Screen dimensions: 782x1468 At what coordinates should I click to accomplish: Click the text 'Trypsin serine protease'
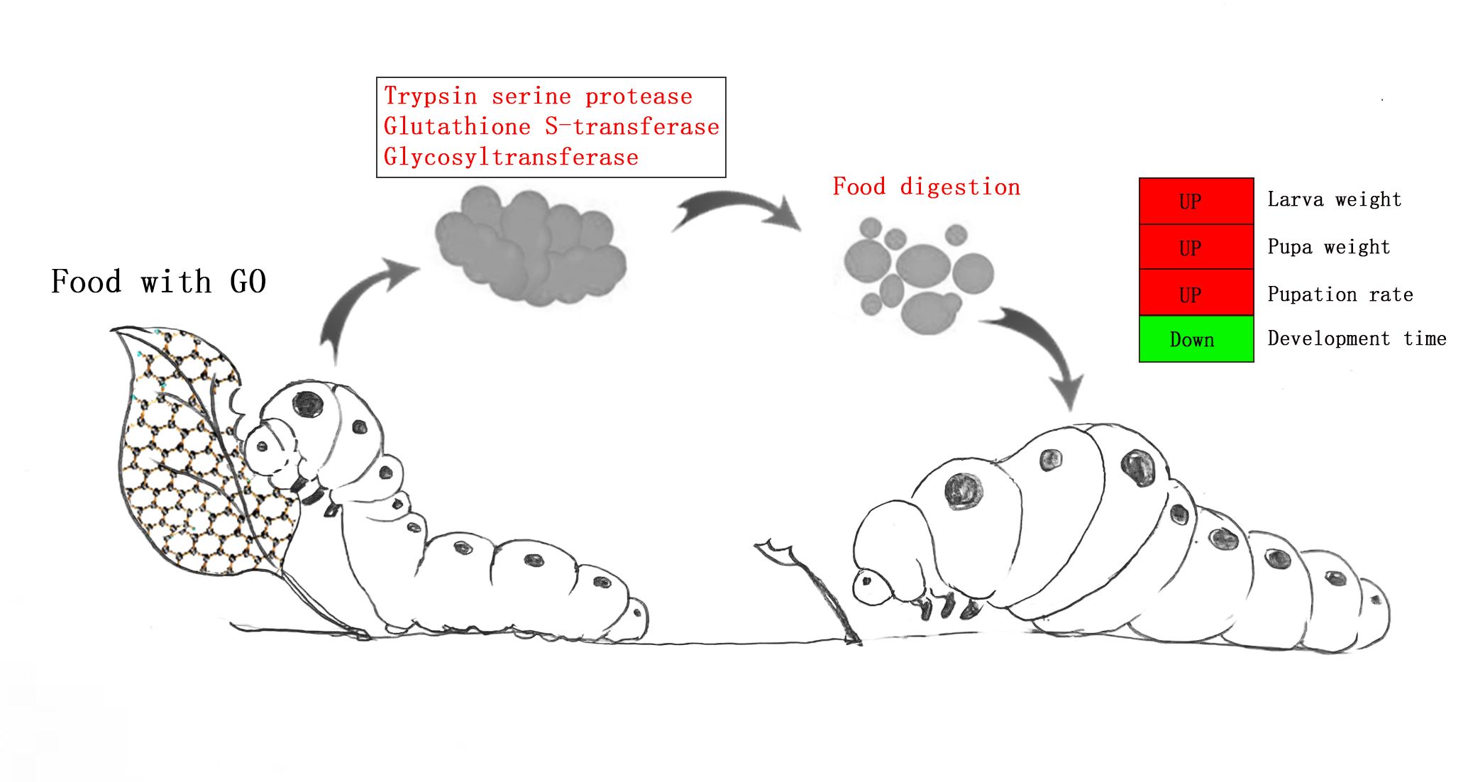[x=538, y=97]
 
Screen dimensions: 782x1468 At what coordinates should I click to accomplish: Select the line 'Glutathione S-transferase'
[x=551, y=127]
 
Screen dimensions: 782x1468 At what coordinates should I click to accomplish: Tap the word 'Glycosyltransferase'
[x=511, y=158]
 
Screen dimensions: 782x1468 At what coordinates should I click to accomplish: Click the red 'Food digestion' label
[x=926, y=187]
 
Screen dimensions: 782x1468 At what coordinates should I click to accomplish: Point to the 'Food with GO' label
[x=158, y=282]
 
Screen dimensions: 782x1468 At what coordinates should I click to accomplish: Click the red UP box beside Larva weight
[x=1196, y=202]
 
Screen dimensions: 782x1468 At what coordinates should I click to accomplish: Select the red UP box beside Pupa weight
[x=1196, y=248]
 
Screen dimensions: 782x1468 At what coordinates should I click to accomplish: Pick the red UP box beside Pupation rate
[x=1196, y=293]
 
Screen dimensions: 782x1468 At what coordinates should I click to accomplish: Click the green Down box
[x=1196, y=339]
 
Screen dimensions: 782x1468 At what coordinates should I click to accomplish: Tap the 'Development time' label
[x=1356, y=339]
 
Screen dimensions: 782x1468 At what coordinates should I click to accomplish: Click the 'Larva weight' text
[x=1334, y=200]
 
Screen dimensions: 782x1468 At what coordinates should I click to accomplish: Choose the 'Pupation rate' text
[x=1340, y=294]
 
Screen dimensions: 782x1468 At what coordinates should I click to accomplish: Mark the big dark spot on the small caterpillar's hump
[x=308, y=404]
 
